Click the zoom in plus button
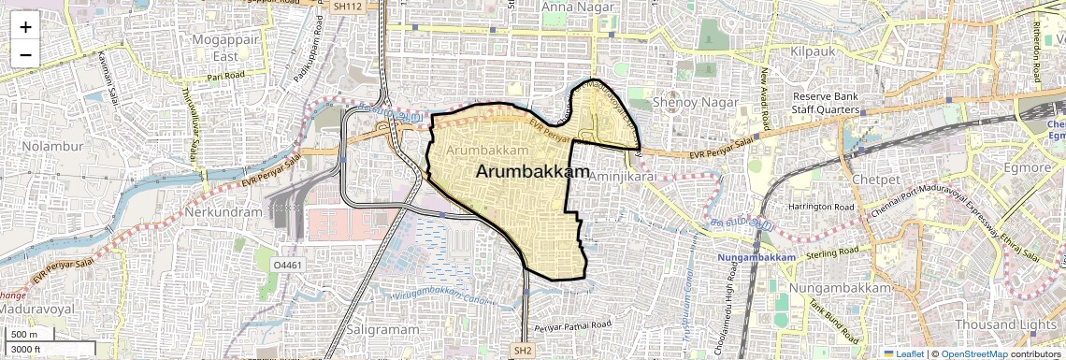tap(25, 26)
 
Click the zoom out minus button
tap(25, 54)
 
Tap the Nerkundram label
tap(223, 212)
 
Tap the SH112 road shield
tap(347, 6)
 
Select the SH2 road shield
tap(523, 351)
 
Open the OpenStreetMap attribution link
tap(974, 354)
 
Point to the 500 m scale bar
tap(29, 335)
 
